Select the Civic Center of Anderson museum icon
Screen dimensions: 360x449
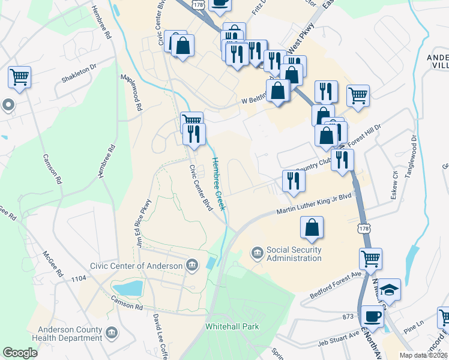[192, 265]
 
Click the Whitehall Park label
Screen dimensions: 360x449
[231, 327]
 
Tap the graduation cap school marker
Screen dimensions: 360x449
[389, 289]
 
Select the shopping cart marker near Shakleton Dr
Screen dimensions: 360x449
[20, 77]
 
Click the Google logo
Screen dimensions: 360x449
[20, 353]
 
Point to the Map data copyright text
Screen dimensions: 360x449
[423, 355]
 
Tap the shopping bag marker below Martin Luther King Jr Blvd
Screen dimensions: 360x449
[312, 227]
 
